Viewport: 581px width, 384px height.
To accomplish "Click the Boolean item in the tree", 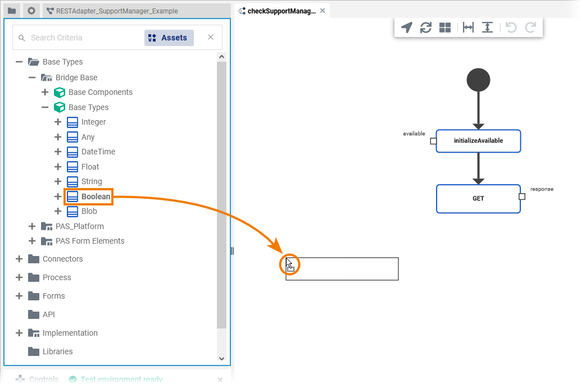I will click(x=95, y=196).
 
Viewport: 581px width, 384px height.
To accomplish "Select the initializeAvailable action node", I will click(x=478, y=141).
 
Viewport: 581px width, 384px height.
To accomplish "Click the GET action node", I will click(x=478, y=199).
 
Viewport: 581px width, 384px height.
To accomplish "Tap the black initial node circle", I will click(x=478, y=80).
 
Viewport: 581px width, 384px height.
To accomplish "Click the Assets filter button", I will click(x=169, y=38).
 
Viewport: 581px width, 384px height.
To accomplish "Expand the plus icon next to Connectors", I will click(x=19, y=259).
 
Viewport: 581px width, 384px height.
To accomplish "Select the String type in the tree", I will click(x=91, y=181).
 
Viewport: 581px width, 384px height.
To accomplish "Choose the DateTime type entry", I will click(x=98, y=152).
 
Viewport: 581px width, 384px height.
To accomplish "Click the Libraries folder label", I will click(x=57, y=351).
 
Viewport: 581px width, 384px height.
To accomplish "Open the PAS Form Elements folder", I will click(x=89, y=241).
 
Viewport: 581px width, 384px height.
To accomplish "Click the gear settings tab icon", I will click(x=31, y=11).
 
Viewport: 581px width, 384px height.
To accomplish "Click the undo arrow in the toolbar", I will click(x=511, y=28).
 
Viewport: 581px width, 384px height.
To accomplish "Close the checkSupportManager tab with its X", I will click(x=323, y=11).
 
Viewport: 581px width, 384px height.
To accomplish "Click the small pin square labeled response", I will click(x=522, y=196).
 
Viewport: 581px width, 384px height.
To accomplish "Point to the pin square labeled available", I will click(x=433, y=141).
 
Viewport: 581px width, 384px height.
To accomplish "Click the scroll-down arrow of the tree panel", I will click(x=221, y=358).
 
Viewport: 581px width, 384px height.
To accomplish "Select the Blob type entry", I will click(x=89, y=211).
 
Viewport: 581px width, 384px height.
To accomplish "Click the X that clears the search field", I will click(x=211, y=38).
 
